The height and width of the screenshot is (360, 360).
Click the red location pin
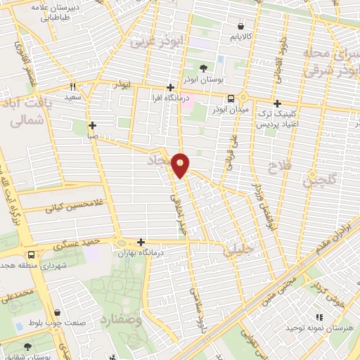coord(181,165)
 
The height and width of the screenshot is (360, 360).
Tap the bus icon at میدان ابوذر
coord(231,99)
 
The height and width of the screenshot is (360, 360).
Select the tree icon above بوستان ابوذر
coord(203,68)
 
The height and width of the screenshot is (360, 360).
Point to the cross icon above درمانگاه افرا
coord(169,87)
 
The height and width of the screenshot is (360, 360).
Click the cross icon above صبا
coord(92,126)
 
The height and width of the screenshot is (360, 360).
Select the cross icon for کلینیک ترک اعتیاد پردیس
coord(277,103)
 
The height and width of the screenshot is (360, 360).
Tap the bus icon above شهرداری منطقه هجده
coord(31,255)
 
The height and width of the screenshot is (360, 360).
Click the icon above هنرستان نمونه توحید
coord(319,317)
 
